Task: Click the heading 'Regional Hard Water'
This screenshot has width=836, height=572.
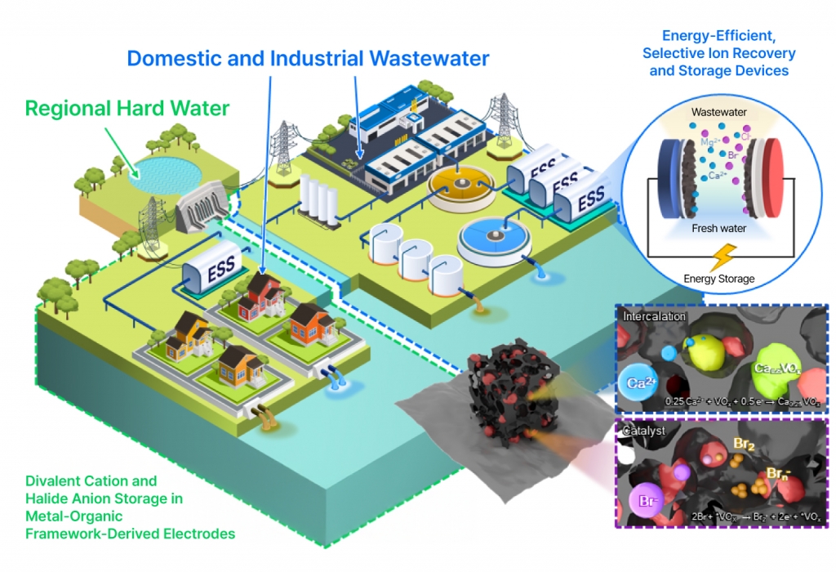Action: [127, 108]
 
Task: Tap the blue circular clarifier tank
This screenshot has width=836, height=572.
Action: [493, 237]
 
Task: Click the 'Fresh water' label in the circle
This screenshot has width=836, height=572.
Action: [719, 228]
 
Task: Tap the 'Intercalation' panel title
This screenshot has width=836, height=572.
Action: [653, 315]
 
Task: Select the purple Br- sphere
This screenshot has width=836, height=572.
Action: [645, 499]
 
